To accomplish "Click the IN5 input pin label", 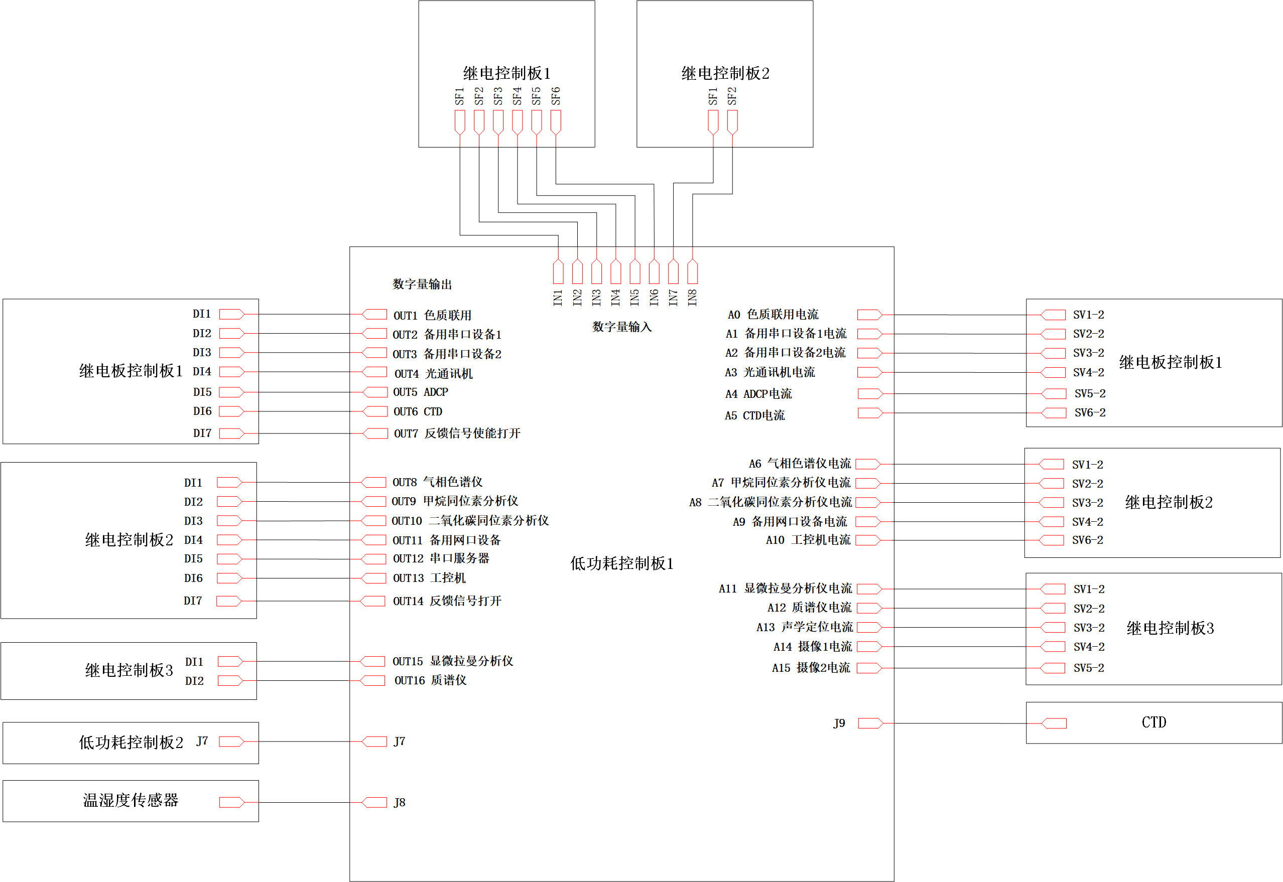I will click(x=634, y=298).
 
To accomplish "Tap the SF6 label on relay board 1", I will click(x=556, y=96).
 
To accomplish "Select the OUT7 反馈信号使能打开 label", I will click(x=457, y=434).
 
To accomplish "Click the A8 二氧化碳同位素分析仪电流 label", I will click(x=770, y=502).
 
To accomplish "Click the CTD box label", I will click(x=1153, y=723).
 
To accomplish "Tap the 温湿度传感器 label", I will click(x=131, y=801).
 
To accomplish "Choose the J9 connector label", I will click(x=839, y=723).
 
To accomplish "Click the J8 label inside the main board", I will click(x=399, y=802).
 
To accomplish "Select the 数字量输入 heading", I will click(x=622, y=327).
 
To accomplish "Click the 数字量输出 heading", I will click(x=422, y=284).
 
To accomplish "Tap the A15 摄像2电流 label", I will click(x=811, y=668).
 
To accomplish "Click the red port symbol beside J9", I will click(x=870, y=723).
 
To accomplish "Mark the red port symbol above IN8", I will click(x=692, y=271).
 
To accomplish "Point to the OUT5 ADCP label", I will click(x=420, y=392).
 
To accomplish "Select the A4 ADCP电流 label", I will click(x=758, y=394).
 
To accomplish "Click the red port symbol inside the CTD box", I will click(x=1054, y=723).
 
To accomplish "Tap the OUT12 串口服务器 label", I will click(x=441, y=559).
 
